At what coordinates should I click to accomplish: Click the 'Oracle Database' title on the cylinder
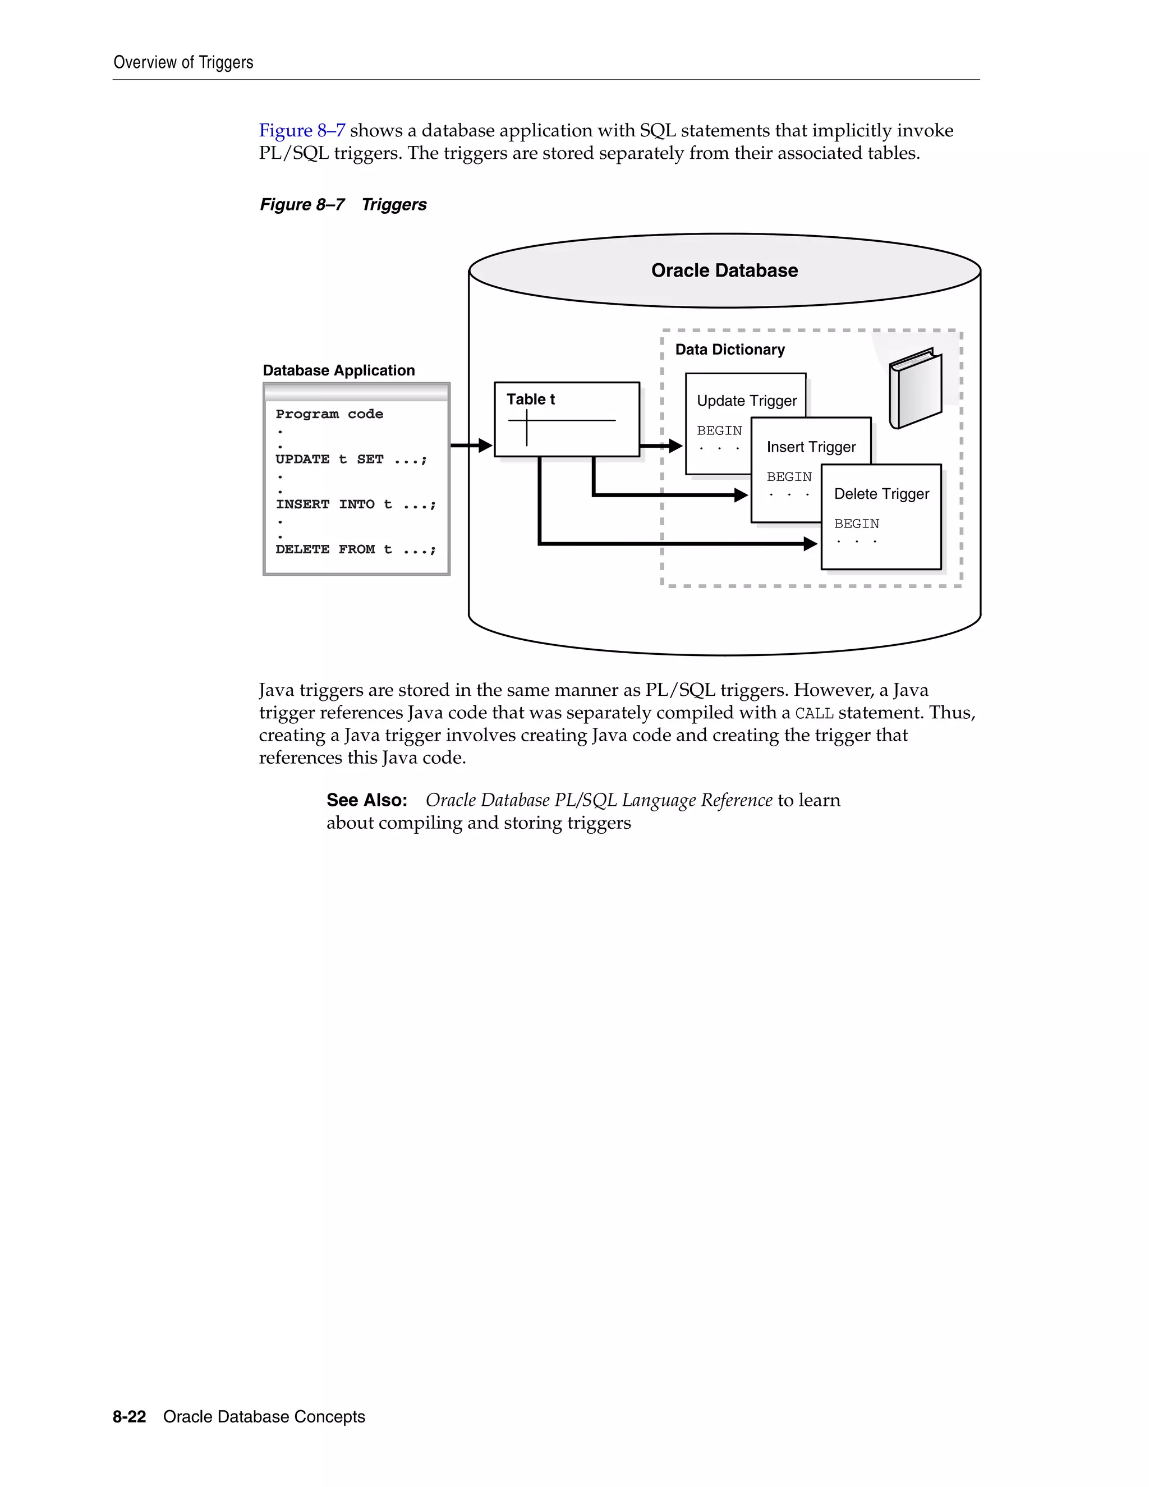(x=724, y=270)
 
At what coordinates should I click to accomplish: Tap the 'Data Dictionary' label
(x=730, y=349)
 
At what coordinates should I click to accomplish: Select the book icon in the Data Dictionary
(x=916, y=388)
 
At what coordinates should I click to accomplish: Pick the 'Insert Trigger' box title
(x=811, y=447)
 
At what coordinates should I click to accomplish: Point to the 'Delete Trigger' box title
(x=881, y=494)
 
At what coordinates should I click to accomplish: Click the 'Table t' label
(x=530, y=399)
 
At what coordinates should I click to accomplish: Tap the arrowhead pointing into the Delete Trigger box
(x=810, y=543)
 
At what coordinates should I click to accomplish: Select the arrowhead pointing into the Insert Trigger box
(x=741, y=495)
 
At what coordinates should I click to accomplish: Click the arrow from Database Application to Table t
(x=471, y=446)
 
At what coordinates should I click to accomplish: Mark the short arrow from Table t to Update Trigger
(x=661, y=446)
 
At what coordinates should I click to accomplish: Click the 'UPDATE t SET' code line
(x=351, y=459)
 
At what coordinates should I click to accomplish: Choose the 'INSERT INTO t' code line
(x=355, y=504)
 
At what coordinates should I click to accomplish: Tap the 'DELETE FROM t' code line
(x=355, y=549)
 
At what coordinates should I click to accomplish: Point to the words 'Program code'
(x=329, y=414)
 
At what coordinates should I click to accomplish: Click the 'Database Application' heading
(x=338, y=370)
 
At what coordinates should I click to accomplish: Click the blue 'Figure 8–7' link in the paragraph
(x=301, y=130)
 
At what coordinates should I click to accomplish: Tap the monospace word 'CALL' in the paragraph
(x=814, y=713)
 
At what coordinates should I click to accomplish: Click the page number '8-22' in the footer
(x=130, y=1416)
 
